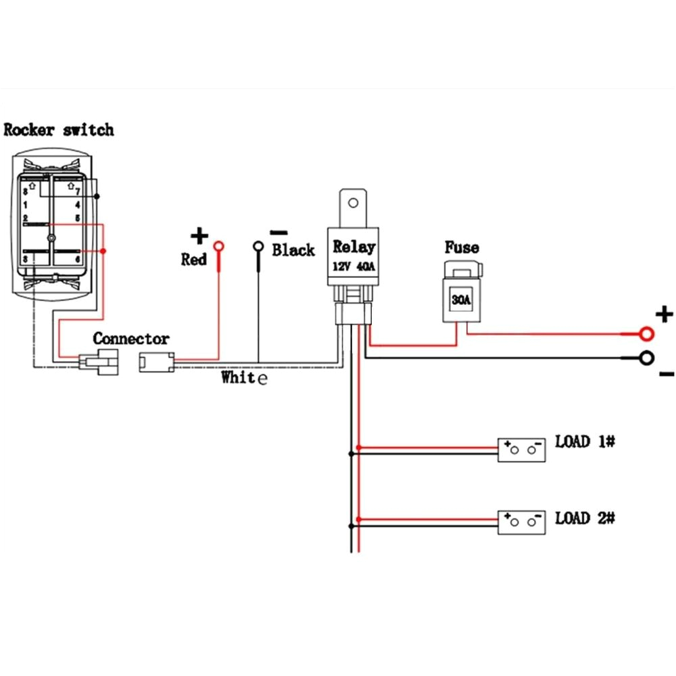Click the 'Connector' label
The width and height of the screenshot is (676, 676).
click(x=131, y=338)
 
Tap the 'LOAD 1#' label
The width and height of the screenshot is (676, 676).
click(x=585, y=442)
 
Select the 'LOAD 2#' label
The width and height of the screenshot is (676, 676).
click(x=585, y=518)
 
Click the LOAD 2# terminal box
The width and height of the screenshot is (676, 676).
click(x=522, y=523)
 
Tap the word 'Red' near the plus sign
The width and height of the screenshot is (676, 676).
click(x=193, y=260)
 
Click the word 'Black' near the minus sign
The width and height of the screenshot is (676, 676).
click(x=293, y=251)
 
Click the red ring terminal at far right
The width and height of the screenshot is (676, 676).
click(x=647, y=333)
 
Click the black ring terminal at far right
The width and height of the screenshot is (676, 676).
click(x=647, y=358)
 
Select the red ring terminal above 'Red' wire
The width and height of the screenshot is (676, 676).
click(x=219, y=247)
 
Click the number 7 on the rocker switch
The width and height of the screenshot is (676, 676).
click(x=78, y=192)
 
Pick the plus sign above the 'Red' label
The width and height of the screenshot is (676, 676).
click(x=199, y=236)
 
